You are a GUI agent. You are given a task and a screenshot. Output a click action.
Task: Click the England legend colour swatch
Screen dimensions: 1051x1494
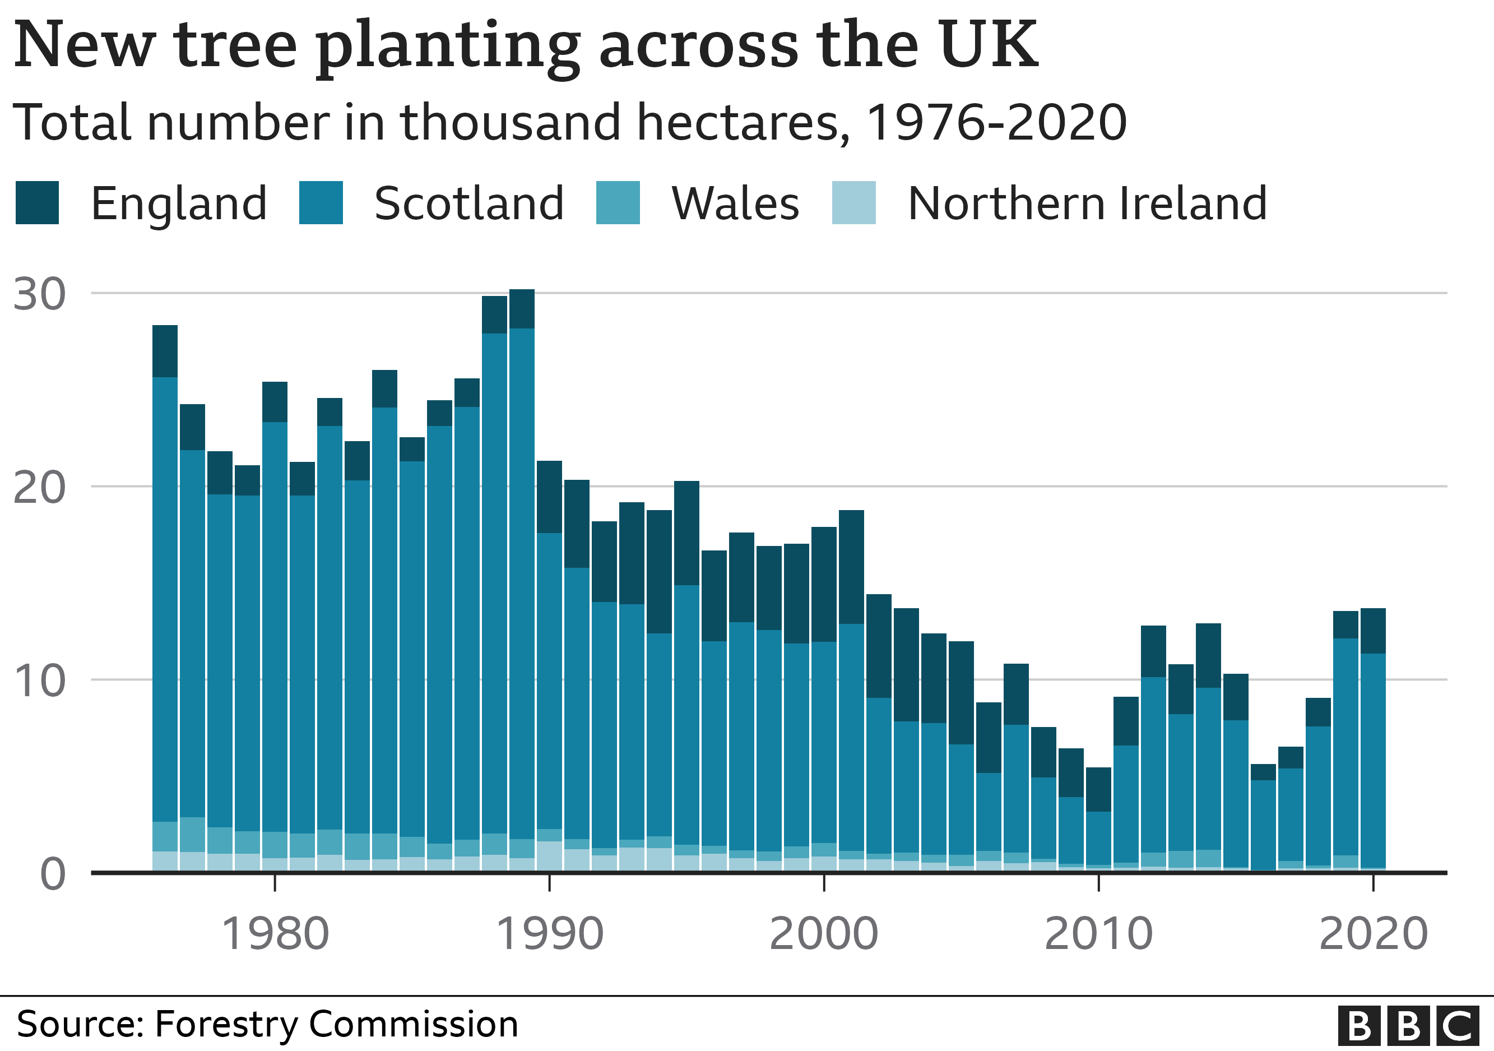coord(37,203)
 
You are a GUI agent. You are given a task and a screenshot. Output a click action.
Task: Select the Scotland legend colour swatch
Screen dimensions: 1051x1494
coord(321,203)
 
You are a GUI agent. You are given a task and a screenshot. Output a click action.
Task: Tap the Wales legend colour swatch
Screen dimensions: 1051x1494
coord(618,203)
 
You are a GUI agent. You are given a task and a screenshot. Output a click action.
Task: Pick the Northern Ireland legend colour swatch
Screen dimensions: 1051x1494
coord(853,203)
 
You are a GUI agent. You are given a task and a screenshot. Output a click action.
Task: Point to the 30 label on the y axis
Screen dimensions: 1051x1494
coord(39,294)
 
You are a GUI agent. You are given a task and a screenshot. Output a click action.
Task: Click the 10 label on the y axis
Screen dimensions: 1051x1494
coord(39,682)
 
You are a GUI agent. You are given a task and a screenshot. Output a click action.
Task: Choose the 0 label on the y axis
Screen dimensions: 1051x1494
coord(52,874)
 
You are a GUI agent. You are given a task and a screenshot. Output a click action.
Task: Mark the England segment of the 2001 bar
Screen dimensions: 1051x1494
coord(851,567)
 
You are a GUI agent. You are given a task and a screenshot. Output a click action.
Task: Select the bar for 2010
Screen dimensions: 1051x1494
coord(1098,826)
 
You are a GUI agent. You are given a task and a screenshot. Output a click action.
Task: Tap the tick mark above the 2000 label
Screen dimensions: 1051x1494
coord(824,882)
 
